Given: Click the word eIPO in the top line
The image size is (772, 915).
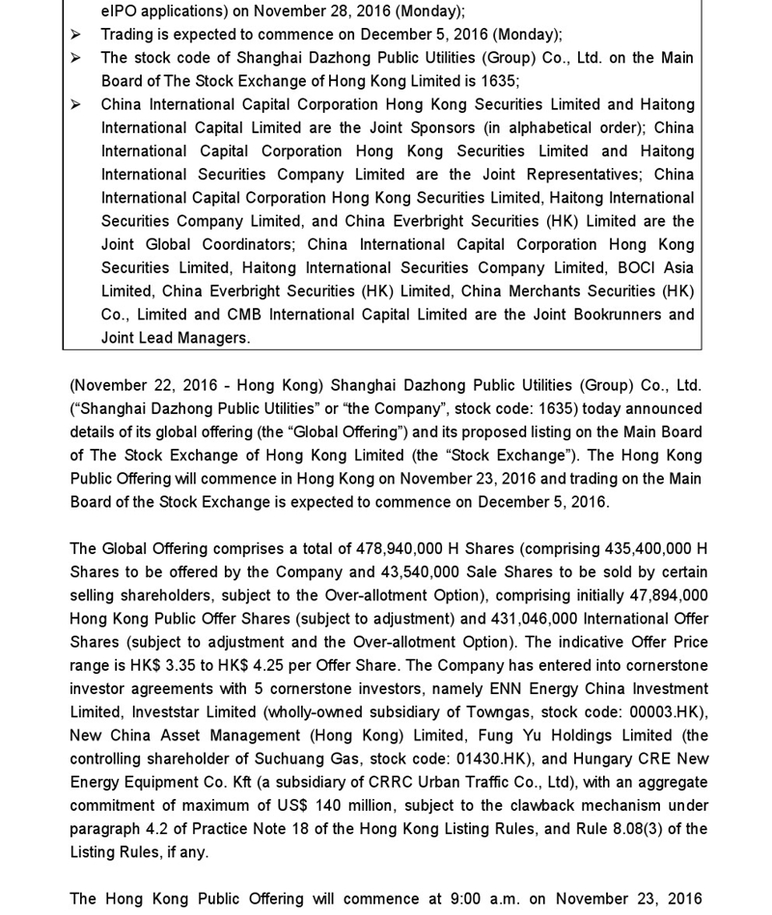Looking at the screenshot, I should click(x=120, y=12).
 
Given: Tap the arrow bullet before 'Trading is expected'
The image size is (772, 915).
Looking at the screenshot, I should click(x=75, y=35).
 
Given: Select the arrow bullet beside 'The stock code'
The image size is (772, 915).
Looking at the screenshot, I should click(x=75, y=58).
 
